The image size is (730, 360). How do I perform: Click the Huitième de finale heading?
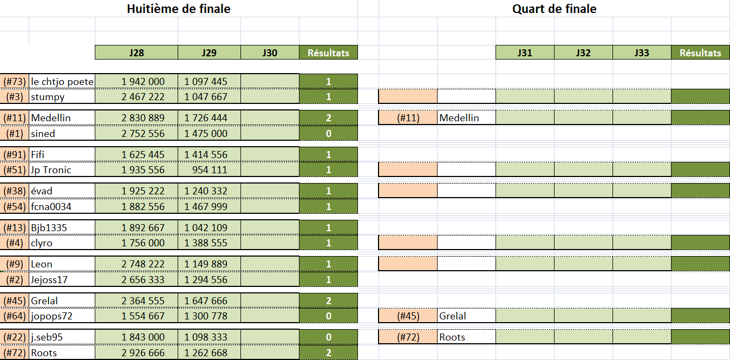(x=179, y=9)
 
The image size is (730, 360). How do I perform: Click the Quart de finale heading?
(x=554, y=9)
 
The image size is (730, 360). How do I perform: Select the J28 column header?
(x=136, y=53)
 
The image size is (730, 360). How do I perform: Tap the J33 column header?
(x=642, y=53)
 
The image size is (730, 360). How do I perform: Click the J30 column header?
(x=270, y=53)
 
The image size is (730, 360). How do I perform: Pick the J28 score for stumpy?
(x=143, y=97)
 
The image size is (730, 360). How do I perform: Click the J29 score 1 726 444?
(x=206, y=117)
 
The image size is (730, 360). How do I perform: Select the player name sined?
(x=43, y=134)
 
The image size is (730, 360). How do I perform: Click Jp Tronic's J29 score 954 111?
(x=212, y=170)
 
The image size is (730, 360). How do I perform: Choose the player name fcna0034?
(x=51, y=206)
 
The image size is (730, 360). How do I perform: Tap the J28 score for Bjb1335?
(x=143, y=227)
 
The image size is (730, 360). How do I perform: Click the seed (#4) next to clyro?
(x=15, y=243)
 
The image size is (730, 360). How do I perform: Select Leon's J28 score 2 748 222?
(x=143, y=264)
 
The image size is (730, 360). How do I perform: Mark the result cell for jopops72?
(x=328, y=316)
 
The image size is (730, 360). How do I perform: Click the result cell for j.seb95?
(x=328, y=337)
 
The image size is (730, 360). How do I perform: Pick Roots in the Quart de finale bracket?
(x=452, y=337)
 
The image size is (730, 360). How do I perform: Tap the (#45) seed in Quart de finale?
(x=408, y=316)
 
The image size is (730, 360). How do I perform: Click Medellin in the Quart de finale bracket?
(x=459, y=117)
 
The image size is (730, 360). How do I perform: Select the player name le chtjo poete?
(x=62, y=82)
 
